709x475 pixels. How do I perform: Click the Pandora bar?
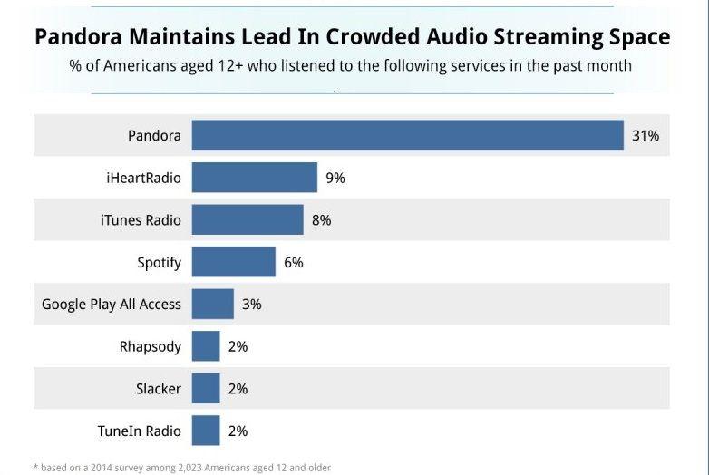[x=407, y=136]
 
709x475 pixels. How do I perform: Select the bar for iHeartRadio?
[x=255, y=178]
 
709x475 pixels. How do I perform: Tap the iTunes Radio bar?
[x=248, y=220]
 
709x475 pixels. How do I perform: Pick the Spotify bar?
[x=234, y=262]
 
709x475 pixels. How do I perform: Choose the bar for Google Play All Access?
[x=213, y=305]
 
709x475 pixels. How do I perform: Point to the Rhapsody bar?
[x=206, y=346]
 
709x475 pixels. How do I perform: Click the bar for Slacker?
[x=206, y=389]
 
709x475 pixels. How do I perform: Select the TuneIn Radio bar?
[x=206, y=431]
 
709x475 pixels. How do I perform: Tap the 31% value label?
[x=646, y=136]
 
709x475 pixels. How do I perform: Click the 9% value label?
[x=335, y=178]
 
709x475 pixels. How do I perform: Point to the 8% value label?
[x=321, y=220]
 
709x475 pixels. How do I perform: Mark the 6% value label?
[x=293, y=262]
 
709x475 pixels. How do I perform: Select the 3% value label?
[x=251, y=305]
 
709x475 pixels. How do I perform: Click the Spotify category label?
[x=159, y=263]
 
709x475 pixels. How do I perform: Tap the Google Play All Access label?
[x=112, y=305]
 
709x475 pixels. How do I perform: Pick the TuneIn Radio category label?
[x=139, y=431]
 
